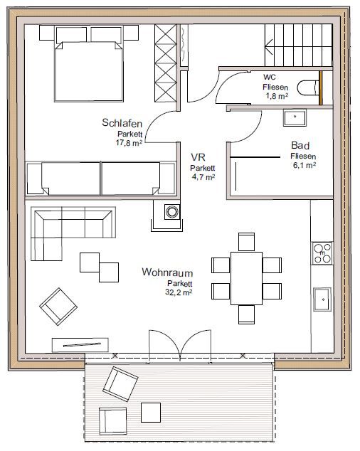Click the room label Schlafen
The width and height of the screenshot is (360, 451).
(x=122, y=123)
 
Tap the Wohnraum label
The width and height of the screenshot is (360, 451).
(x=167, y=272)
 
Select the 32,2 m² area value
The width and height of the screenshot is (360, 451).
(x=179, y=292)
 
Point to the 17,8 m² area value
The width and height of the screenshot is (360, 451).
(x=129, y=143)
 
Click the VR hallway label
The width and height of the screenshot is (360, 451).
(x=198, y=157)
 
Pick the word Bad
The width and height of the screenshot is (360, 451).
(x=300, y=146)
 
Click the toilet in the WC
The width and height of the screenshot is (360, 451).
(x=308, y=88)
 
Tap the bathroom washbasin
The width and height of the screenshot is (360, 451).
(x=295, y=117)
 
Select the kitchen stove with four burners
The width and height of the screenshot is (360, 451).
(x=322, y=253)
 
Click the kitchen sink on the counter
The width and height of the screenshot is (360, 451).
(x=322, y=299)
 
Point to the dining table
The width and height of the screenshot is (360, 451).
(x=246, y=278)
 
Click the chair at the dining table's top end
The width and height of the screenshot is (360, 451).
(x=246, y=242)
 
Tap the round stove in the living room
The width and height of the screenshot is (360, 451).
(x=172, y=212)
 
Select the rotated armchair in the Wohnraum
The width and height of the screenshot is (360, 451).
(x=58, y=307)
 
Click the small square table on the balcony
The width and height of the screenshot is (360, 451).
(x=151, y=413)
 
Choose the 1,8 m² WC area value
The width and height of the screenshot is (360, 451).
(x=277, y=96)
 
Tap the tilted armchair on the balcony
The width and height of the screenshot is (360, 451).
(x=120, y=383)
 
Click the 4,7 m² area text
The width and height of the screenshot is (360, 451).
(x=203, y=177)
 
